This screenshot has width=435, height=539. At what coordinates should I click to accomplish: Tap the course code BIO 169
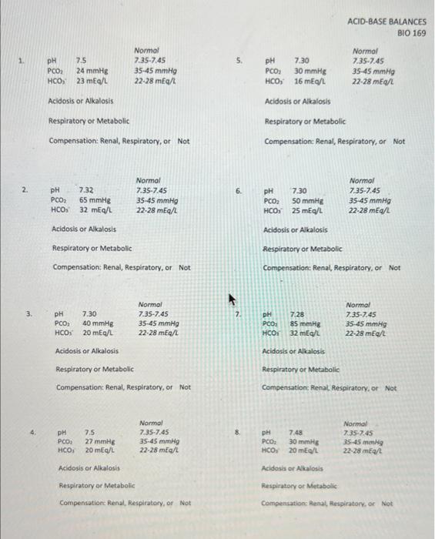coord(411,34)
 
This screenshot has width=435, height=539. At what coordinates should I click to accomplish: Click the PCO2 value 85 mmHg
coord(306,324)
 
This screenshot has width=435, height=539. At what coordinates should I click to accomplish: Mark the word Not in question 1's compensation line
coord(183,141)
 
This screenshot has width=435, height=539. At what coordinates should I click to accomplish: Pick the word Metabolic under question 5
coord(330,121)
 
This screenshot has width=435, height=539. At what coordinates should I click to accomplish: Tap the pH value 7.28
coord(296,314)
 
